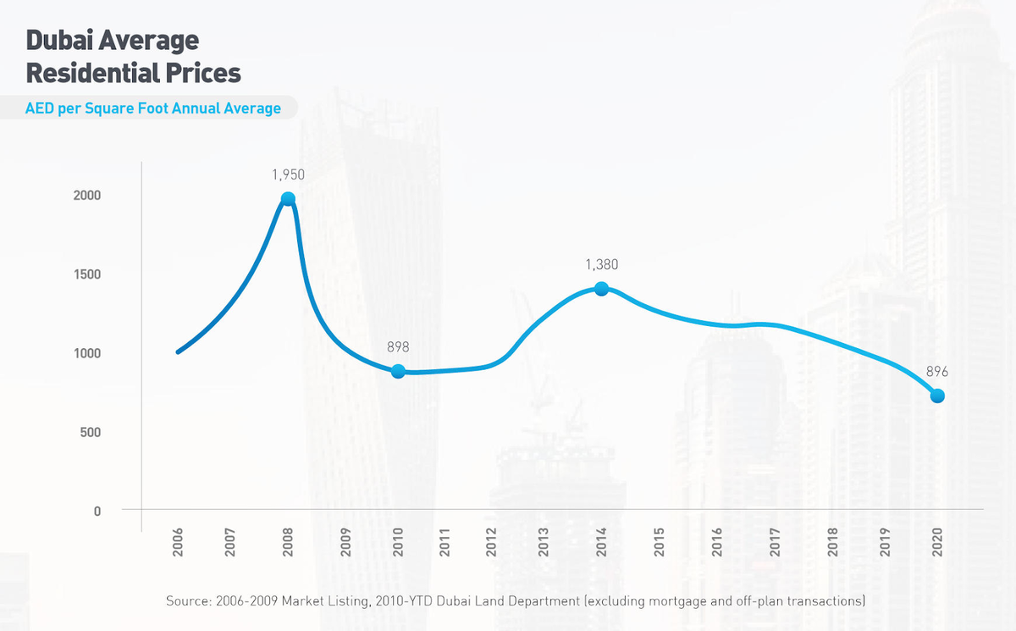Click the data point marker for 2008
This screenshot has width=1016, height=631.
click(x=288, y=199)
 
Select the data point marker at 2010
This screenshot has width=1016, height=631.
click(x=398, y=371)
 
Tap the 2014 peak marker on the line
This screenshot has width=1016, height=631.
click(x=601, y=289)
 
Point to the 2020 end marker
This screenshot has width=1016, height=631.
click(x=937, y=396)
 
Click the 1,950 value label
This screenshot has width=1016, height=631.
click(x=288, y=175)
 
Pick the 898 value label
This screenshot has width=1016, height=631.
click(x=398, y=347)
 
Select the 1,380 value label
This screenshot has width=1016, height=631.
click(x=601, y=265)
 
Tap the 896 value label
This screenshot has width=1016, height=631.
click(x=936, y=372)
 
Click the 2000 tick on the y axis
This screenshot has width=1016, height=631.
click(x=86, y=196)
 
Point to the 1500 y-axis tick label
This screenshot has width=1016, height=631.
click(x=86, y=274)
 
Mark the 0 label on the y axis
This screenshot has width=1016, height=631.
click(x=97, y=512)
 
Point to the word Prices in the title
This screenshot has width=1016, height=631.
click(x=203, y=73)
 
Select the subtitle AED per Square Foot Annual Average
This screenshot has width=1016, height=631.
click(x=153, y=108)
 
